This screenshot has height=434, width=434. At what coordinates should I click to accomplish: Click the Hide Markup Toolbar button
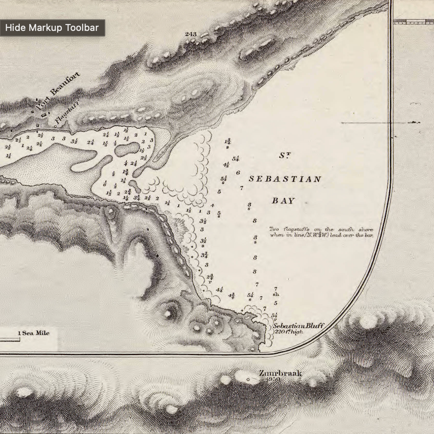coord(52,28)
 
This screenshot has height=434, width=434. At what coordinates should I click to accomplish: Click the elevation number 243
coord(190,34)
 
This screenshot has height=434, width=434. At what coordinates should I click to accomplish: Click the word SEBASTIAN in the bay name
coord(285,179)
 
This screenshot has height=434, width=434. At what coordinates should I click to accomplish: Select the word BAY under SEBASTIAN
coord(283,201)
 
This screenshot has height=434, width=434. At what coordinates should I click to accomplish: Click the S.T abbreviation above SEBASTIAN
coord(284,156)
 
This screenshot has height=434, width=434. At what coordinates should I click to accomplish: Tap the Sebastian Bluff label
coord(299,326)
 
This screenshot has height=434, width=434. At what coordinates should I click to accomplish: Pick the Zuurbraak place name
coord(280,373)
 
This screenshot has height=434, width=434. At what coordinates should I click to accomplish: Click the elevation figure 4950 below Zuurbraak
coord(273,379)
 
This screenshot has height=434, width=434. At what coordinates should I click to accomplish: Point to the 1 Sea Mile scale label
coord(34,333)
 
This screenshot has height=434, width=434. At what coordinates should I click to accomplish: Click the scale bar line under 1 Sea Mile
coord(10,340)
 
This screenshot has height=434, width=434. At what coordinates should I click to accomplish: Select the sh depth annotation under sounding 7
coord(275,295)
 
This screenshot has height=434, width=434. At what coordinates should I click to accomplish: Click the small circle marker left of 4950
coord(248,379)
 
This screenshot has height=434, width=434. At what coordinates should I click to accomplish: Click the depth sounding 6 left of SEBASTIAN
coord(238,173)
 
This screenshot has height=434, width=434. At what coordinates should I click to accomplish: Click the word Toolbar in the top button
coord(82,28)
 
